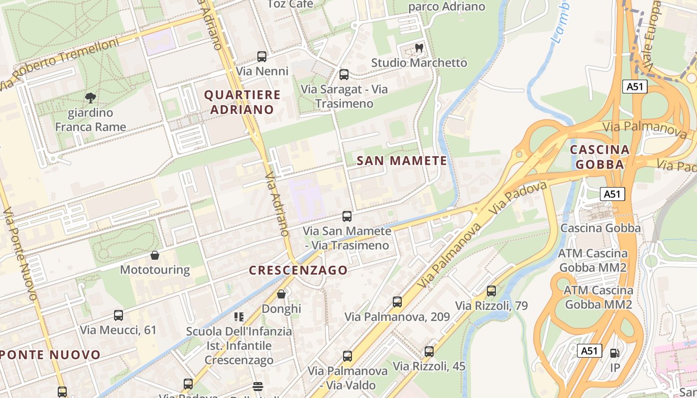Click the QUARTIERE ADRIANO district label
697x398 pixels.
242,102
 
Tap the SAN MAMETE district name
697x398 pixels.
402,161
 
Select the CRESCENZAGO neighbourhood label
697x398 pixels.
298,270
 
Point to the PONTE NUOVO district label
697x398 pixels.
50,355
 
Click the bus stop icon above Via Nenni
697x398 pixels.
262,57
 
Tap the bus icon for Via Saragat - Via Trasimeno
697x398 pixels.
344,75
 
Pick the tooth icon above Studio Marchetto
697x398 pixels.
419,48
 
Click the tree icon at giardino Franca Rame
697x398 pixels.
90,98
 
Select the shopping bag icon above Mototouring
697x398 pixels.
155,255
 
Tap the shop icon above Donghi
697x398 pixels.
281,294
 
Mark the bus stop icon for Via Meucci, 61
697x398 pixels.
118,315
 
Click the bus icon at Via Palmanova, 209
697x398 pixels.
397,302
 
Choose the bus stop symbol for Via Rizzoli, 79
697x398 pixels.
491,291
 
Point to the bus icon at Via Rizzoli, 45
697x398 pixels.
429,352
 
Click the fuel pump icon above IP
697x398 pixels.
615,353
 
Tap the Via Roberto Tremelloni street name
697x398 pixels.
60,65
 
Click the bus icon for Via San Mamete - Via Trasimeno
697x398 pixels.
347,216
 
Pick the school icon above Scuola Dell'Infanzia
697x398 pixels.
239,316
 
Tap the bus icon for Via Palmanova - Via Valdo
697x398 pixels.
348,356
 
